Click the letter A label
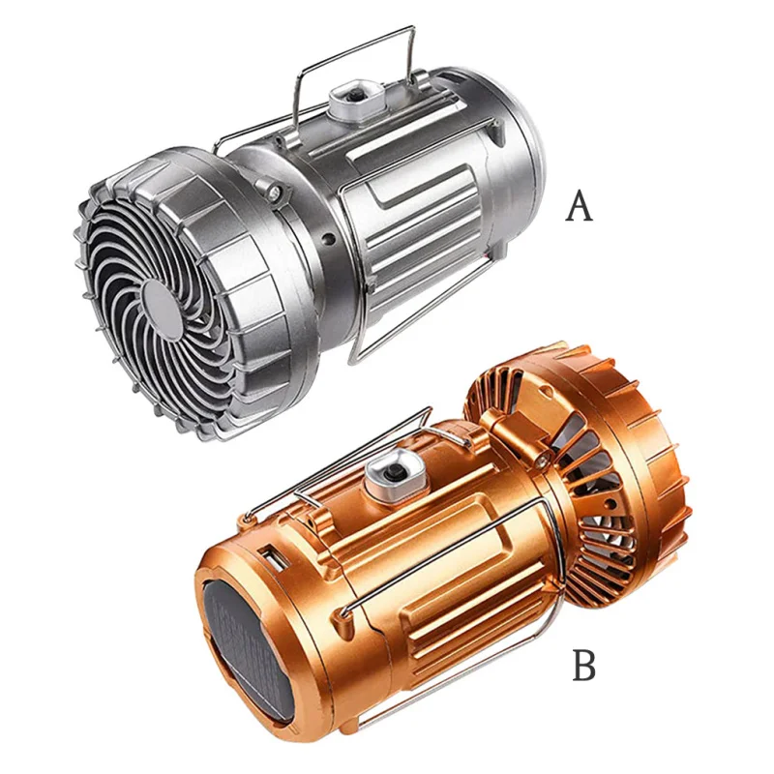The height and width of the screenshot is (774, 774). (x=579, y=206)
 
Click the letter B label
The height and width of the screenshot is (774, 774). (x=584, y=667)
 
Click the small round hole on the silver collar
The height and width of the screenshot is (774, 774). (x=326, y=239)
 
